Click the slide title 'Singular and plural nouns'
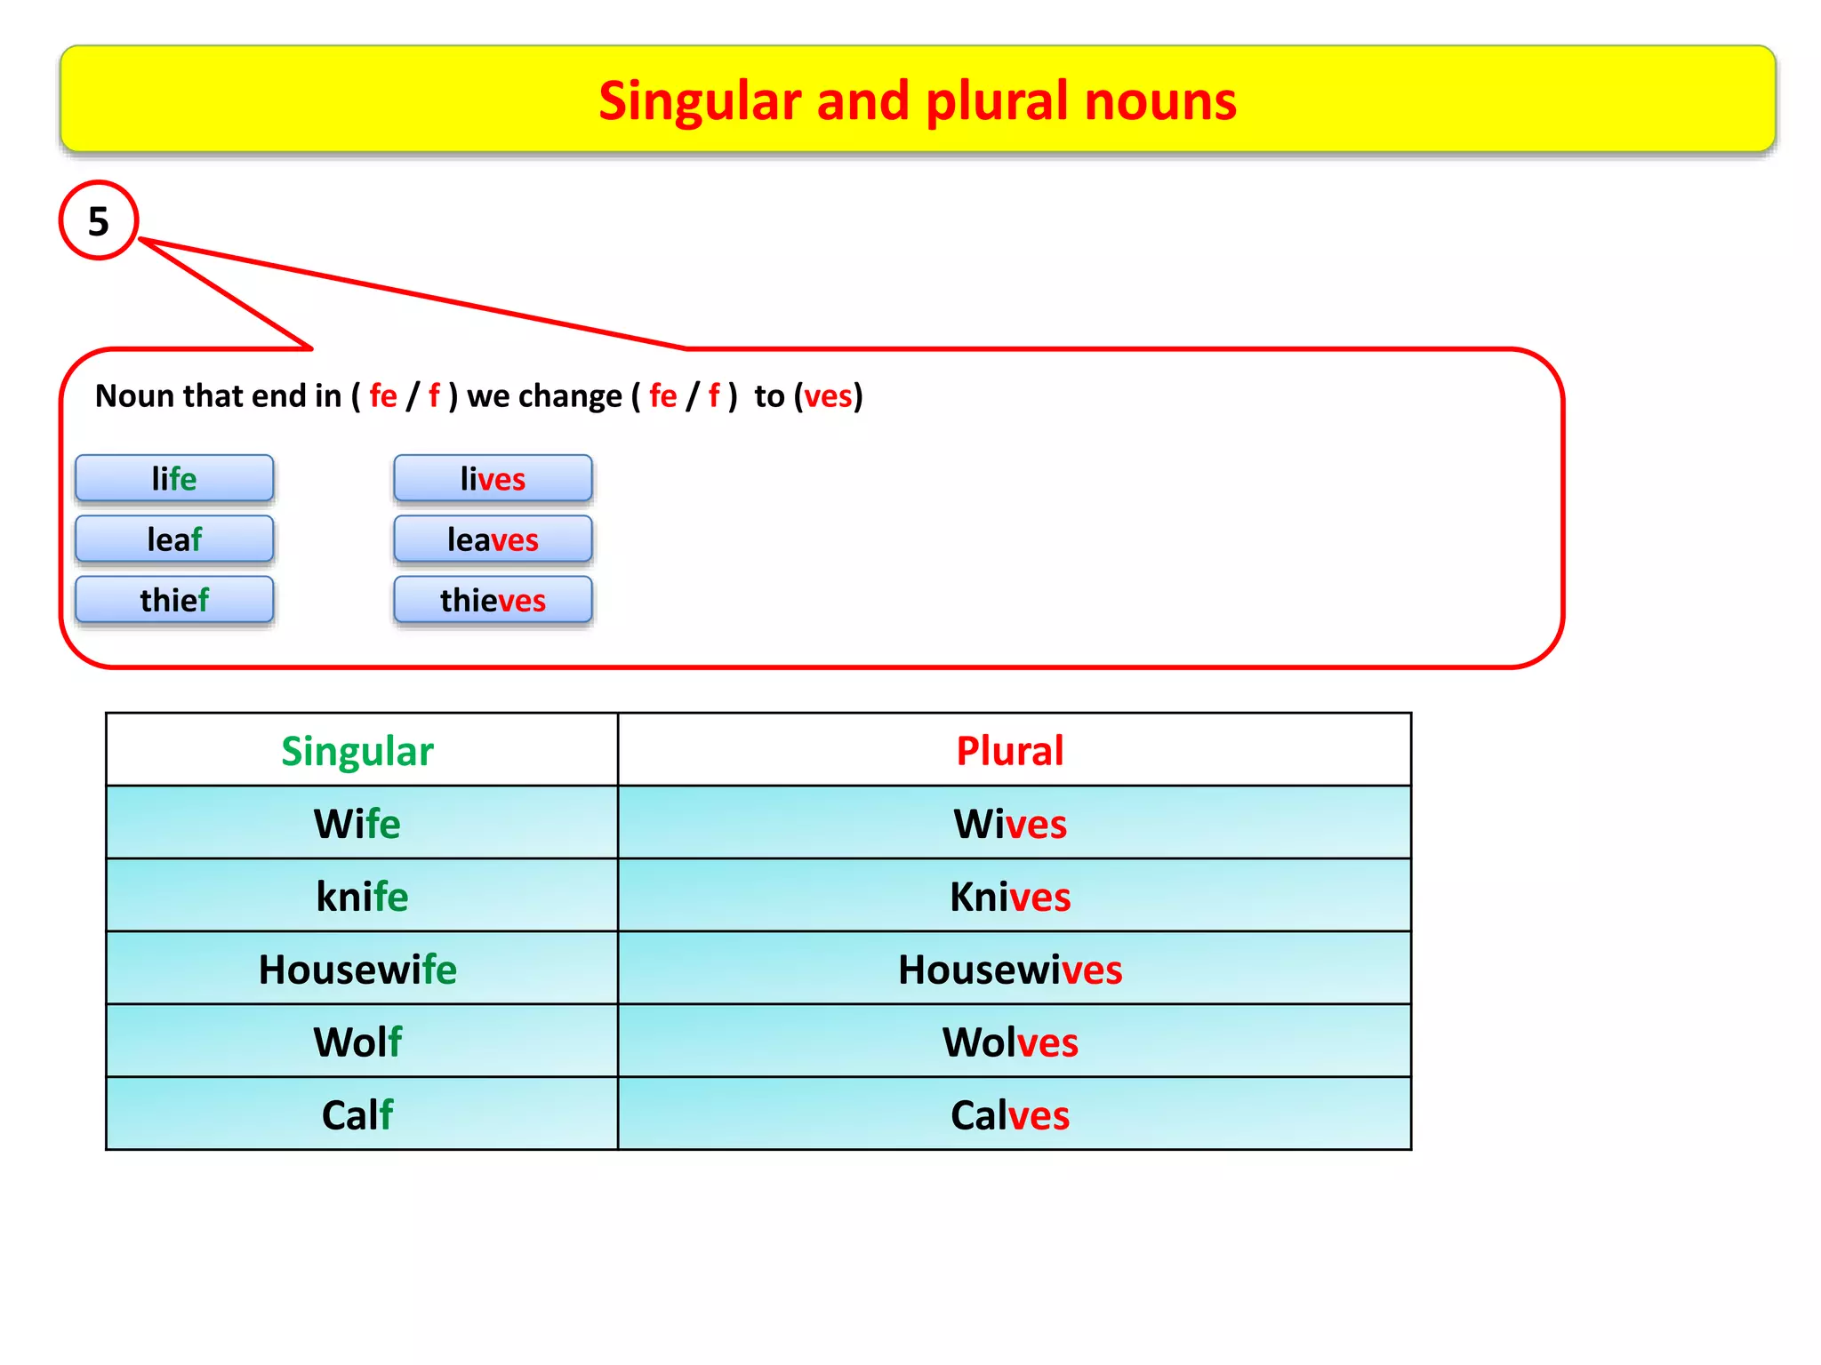click(917, 100)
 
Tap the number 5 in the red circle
click(99, 221)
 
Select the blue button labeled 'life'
click(174, 479)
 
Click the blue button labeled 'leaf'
click(174, 539)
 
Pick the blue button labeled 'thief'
click(174, 600)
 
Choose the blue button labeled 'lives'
click(493, 479)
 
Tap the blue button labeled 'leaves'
click(493, 539)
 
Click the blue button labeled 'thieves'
click(493, 600)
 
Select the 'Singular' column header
click(357, 751)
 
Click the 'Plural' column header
click(1010, 751)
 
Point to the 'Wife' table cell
click(357, 824)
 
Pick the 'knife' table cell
click(362, 897)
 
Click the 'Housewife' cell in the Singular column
click(357, 970)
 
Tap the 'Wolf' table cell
click(357, 1042)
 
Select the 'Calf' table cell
click(357, 1115)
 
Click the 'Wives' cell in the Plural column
click(1010, 824)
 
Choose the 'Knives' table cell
click(1010, 897)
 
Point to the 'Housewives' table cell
click(1010, 970)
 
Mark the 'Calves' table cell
click(1010, 1115)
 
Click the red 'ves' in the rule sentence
click(828, 396)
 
